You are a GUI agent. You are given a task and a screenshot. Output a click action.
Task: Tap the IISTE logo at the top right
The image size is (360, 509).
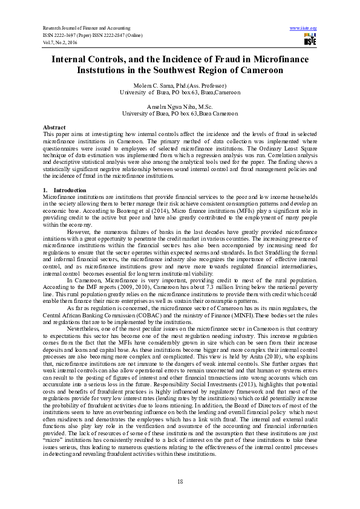pos(310,40)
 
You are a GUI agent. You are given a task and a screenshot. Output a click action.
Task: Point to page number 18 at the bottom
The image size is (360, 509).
pos(180,481)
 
